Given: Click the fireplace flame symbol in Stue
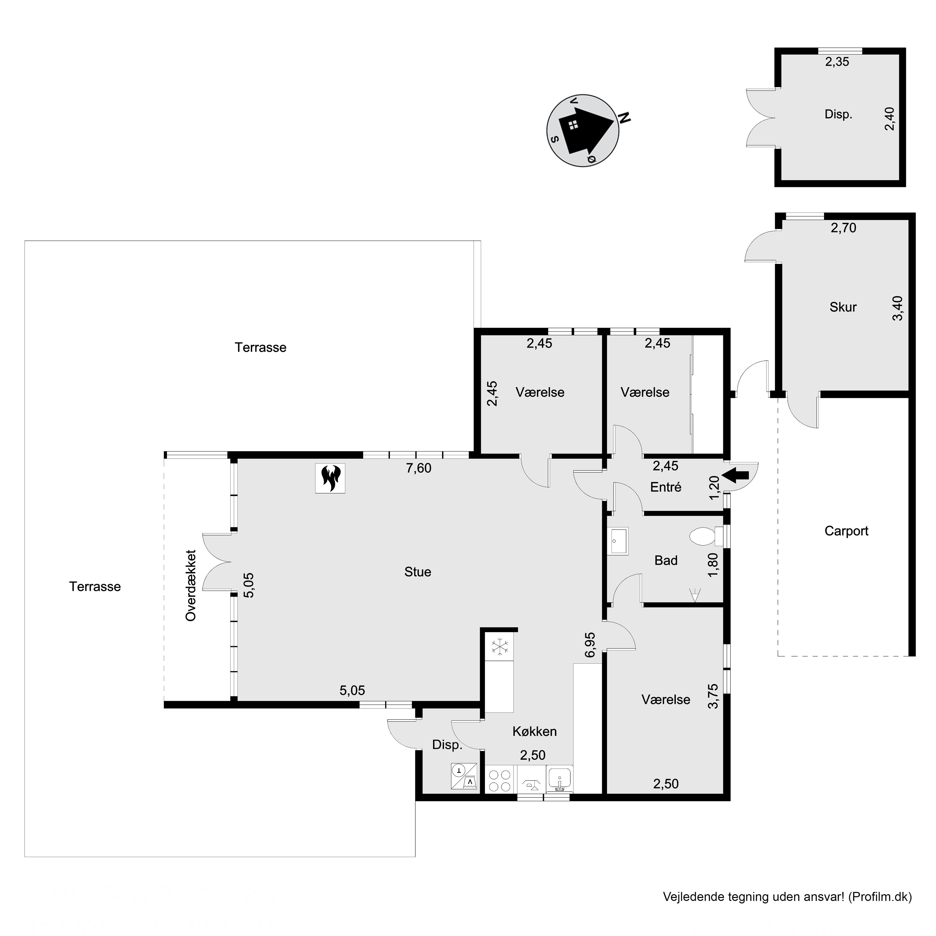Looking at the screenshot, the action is [330, 478].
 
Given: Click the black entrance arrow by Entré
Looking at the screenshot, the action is [735, 476].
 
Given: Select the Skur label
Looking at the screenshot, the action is [843, 307].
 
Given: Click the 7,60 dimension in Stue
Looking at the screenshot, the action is [419, 468].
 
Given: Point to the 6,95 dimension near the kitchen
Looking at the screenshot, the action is [590, 645].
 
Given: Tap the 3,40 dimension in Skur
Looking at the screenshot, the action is [898, 308].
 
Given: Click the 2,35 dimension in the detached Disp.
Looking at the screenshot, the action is [837, 61].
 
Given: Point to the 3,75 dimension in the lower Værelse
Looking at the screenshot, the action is [713, 696].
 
